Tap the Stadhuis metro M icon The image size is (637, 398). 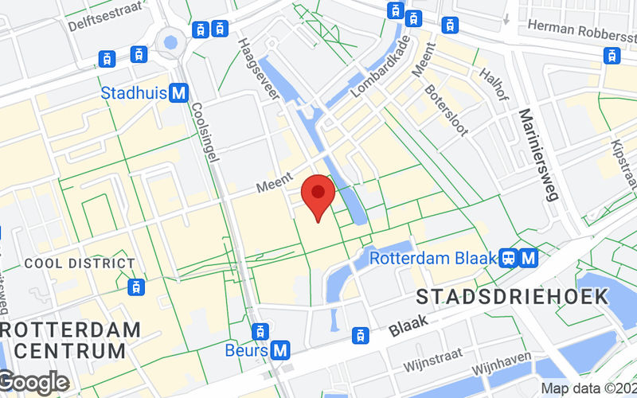pyautogui.click(x=179, y=93)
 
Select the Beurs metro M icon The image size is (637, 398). pyautogui.click(x=279, y=349)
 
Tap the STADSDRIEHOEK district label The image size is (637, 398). pyautogui.click(x=513, y=298)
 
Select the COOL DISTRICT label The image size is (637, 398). pyautogui.click(x=80, y=263)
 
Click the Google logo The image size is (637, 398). pyautogui.click(x=34, y=383)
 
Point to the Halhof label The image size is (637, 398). pyautogui.click(x=494, y=83)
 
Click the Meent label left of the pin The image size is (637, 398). pyautogui.click(x=276, y=185)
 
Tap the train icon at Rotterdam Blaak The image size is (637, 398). pyautogui.click(x=507, y=258)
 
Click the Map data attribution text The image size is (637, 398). pyautogui.click(x=588, y=388)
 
